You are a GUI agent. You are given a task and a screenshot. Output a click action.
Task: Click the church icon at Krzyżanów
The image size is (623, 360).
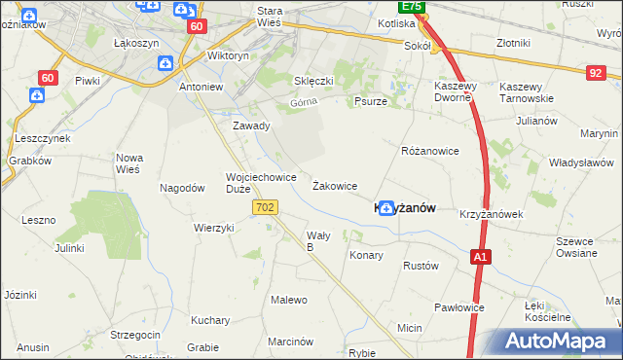pyautogui.click(x=386, y=206)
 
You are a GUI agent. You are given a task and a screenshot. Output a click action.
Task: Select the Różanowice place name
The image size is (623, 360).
pyautogui.click(x=429, y=152)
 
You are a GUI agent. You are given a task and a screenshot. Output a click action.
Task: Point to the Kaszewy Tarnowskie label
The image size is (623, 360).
pyautogui.click(x=527, y=92)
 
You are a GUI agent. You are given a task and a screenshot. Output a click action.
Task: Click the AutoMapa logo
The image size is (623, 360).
pyautogui.click(x=563, y=342)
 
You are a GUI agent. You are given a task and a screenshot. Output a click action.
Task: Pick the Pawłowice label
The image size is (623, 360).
pyautogui.click(x=459, y=307)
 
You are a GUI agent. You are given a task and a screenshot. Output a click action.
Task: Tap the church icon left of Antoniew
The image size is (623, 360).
pyautogui.click(x=165, y=64)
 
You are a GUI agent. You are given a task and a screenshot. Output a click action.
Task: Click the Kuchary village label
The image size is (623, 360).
pyautogui.click(x=210, y=320)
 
